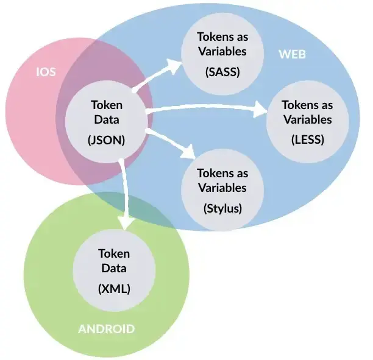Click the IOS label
tap(46, 72)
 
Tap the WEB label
tap(292, 54)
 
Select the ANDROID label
tap(106, 329)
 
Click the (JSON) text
tap(106, 140)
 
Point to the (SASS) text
tap(222, 72)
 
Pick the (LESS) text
tap(308, 139)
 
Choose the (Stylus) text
tap(222, 208)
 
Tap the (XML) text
tap(114, 289)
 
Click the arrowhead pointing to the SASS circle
tap(174, 65)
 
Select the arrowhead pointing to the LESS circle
tap(260, 110)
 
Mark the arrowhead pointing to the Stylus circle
tap(188, 152)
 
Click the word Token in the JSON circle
tap(107, 105)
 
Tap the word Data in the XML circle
tap(114, 268)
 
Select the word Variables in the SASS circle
tap(222, 51)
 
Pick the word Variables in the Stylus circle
tap(222, 188)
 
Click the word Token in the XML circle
tap(114, 254)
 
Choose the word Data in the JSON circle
tap(107, 119)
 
